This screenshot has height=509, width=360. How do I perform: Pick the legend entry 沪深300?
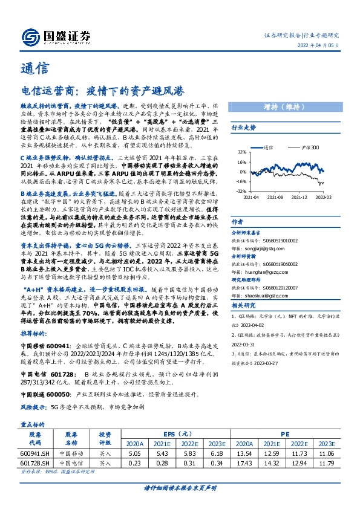coord(310,146)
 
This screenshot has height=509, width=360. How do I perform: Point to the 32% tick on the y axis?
coord(241,152)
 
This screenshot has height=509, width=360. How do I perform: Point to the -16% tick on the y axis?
coord(241,181)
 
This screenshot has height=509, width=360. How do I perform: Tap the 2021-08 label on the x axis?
coord(274,196)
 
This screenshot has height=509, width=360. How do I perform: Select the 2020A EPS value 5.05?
coord(135,452)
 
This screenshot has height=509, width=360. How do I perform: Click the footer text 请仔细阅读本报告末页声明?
coord(180,488)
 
